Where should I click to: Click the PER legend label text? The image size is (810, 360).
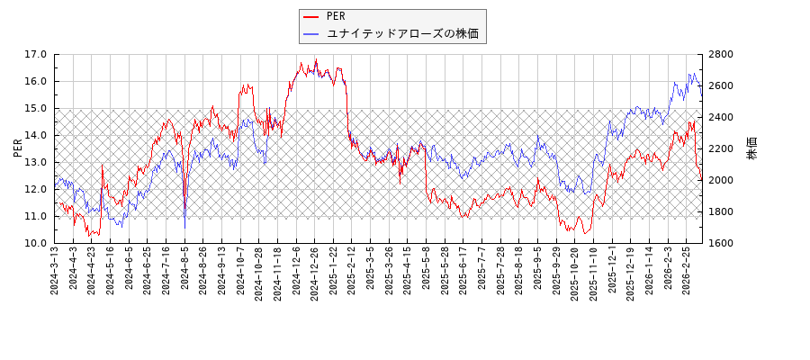335,16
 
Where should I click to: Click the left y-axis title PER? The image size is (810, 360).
18,148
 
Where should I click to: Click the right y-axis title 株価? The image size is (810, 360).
752,148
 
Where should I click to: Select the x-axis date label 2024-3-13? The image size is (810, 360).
56,269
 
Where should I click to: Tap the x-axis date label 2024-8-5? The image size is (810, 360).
185,267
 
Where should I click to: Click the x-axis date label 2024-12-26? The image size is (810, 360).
315,271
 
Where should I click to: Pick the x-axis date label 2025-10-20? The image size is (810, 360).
574,271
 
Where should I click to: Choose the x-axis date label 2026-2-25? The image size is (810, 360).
686,269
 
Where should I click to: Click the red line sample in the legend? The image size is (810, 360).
311,16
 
